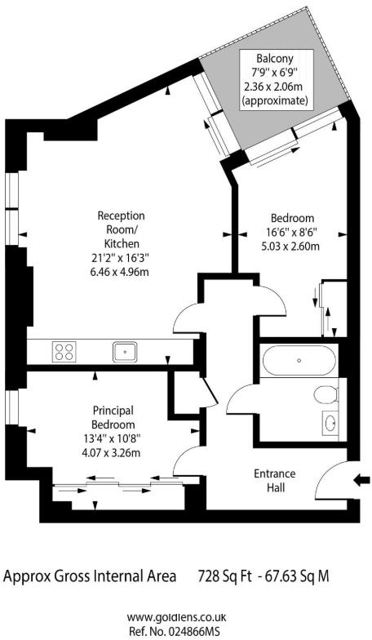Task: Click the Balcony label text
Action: pyautogui.click(x=275, y=59)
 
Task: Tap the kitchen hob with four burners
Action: pyautogui.click(x=64, y=352)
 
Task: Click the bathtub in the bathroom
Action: pyautogui.click(x=298, y=360)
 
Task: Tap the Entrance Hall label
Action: pyautogui.click(x=274, y=481)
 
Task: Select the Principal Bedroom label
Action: pyautogui.click(x=113, y=417)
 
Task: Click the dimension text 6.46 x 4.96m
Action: pyautogui.click(x=121, y=272)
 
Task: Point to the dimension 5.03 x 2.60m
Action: pyautogui.click(x=291, y=247)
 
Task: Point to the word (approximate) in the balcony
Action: pyautogui.click(x=275, y=101)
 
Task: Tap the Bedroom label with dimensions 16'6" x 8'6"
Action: pyautogui.click(x=292, y=218)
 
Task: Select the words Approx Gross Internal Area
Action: pyautogui.click(x=90, y=576)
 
